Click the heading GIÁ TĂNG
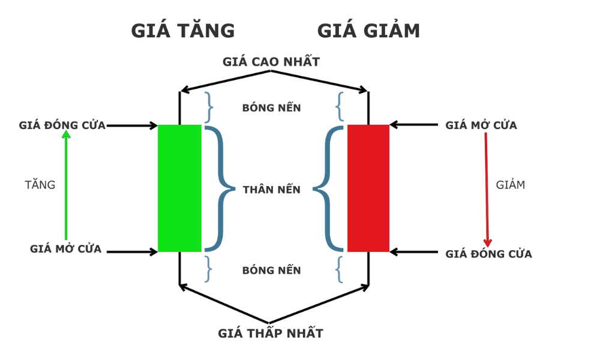pos(183,31)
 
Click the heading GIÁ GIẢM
pos(368,31)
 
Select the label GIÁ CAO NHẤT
pos(271,62)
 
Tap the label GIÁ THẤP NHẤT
pos(271,334)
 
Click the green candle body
pos(179,188)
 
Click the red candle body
pos(368,188)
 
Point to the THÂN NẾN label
pos(272,190)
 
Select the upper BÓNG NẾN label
pos(272,108)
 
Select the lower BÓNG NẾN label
pos(272,271)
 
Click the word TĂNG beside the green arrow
pos(40,185)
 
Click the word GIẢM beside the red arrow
pos(511,185)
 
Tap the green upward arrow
pos(66,186)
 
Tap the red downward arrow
pos(487,189)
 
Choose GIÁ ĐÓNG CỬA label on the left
pos(62,125)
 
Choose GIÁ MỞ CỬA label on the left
pos(66,249)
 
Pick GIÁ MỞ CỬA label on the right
pos(481,125)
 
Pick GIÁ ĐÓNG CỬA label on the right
pos(488,254)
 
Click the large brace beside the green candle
pos(218,188)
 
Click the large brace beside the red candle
pos(329,188)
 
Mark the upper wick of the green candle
pos(179,108)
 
